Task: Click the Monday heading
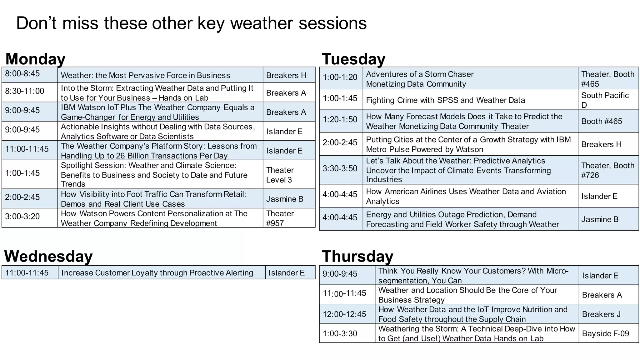tap(35, 59)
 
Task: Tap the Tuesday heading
tap(353, 59)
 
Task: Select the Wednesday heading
tap(48, 256)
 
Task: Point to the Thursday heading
tap(357, 256)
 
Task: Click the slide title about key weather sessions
tap(191, 23)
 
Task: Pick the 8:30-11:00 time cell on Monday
tap(24, 91)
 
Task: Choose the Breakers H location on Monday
tap(286, 75)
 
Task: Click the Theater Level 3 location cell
tap(280, 175)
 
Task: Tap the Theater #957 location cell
tap(280, 218)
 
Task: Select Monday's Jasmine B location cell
tap(285, 199)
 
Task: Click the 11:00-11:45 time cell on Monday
tap(27, 149)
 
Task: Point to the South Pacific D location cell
tap(605, 100)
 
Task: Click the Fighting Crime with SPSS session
tap(445, 100)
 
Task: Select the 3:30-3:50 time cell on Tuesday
tap(340, 168)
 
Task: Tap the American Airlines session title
tap(466, 196)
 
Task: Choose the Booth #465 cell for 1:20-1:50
tap(602, 121)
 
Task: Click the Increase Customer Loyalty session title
tap(157, 273)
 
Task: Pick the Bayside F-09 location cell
tap(605, 333)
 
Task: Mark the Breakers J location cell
tap(601, 314)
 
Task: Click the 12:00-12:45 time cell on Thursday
tap(344, 314)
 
